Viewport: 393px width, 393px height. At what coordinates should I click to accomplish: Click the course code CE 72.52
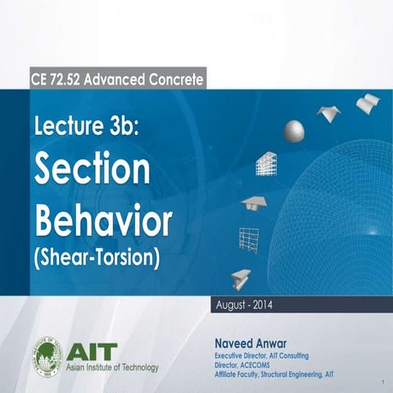coord(58,79)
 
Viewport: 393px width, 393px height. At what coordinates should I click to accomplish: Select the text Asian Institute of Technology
coord(112,366)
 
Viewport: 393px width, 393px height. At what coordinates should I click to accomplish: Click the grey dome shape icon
coord(295,130)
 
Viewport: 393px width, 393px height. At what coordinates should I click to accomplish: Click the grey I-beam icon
coord(241,277)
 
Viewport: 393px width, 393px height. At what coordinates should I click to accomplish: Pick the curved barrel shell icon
coord(368,103)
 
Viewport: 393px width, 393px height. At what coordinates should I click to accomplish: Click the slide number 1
coord(382,382)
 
